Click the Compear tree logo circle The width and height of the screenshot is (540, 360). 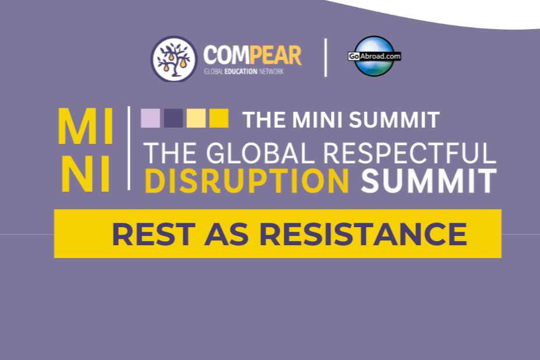[174, 59]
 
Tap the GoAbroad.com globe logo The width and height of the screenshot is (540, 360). [375, 56]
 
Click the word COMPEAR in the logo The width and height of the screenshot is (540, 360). [252, 56]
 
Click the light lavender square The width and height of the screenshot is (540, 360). [150, 118]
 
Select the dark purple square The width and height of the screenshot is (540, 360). [173, 118]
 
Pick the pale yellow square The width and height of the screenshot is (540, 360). [196, 118]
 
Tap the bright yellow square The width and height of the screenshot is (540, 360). [218, 118]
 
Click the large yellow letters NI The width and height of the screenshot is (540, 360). [86, 174]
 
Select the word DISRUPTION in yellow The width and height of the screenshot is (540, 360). [247, 181]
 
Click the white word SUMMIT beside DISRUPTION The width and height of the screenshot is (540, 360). [429, 181]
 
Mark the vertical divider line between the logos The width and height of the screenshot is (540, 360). [326, 57]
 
